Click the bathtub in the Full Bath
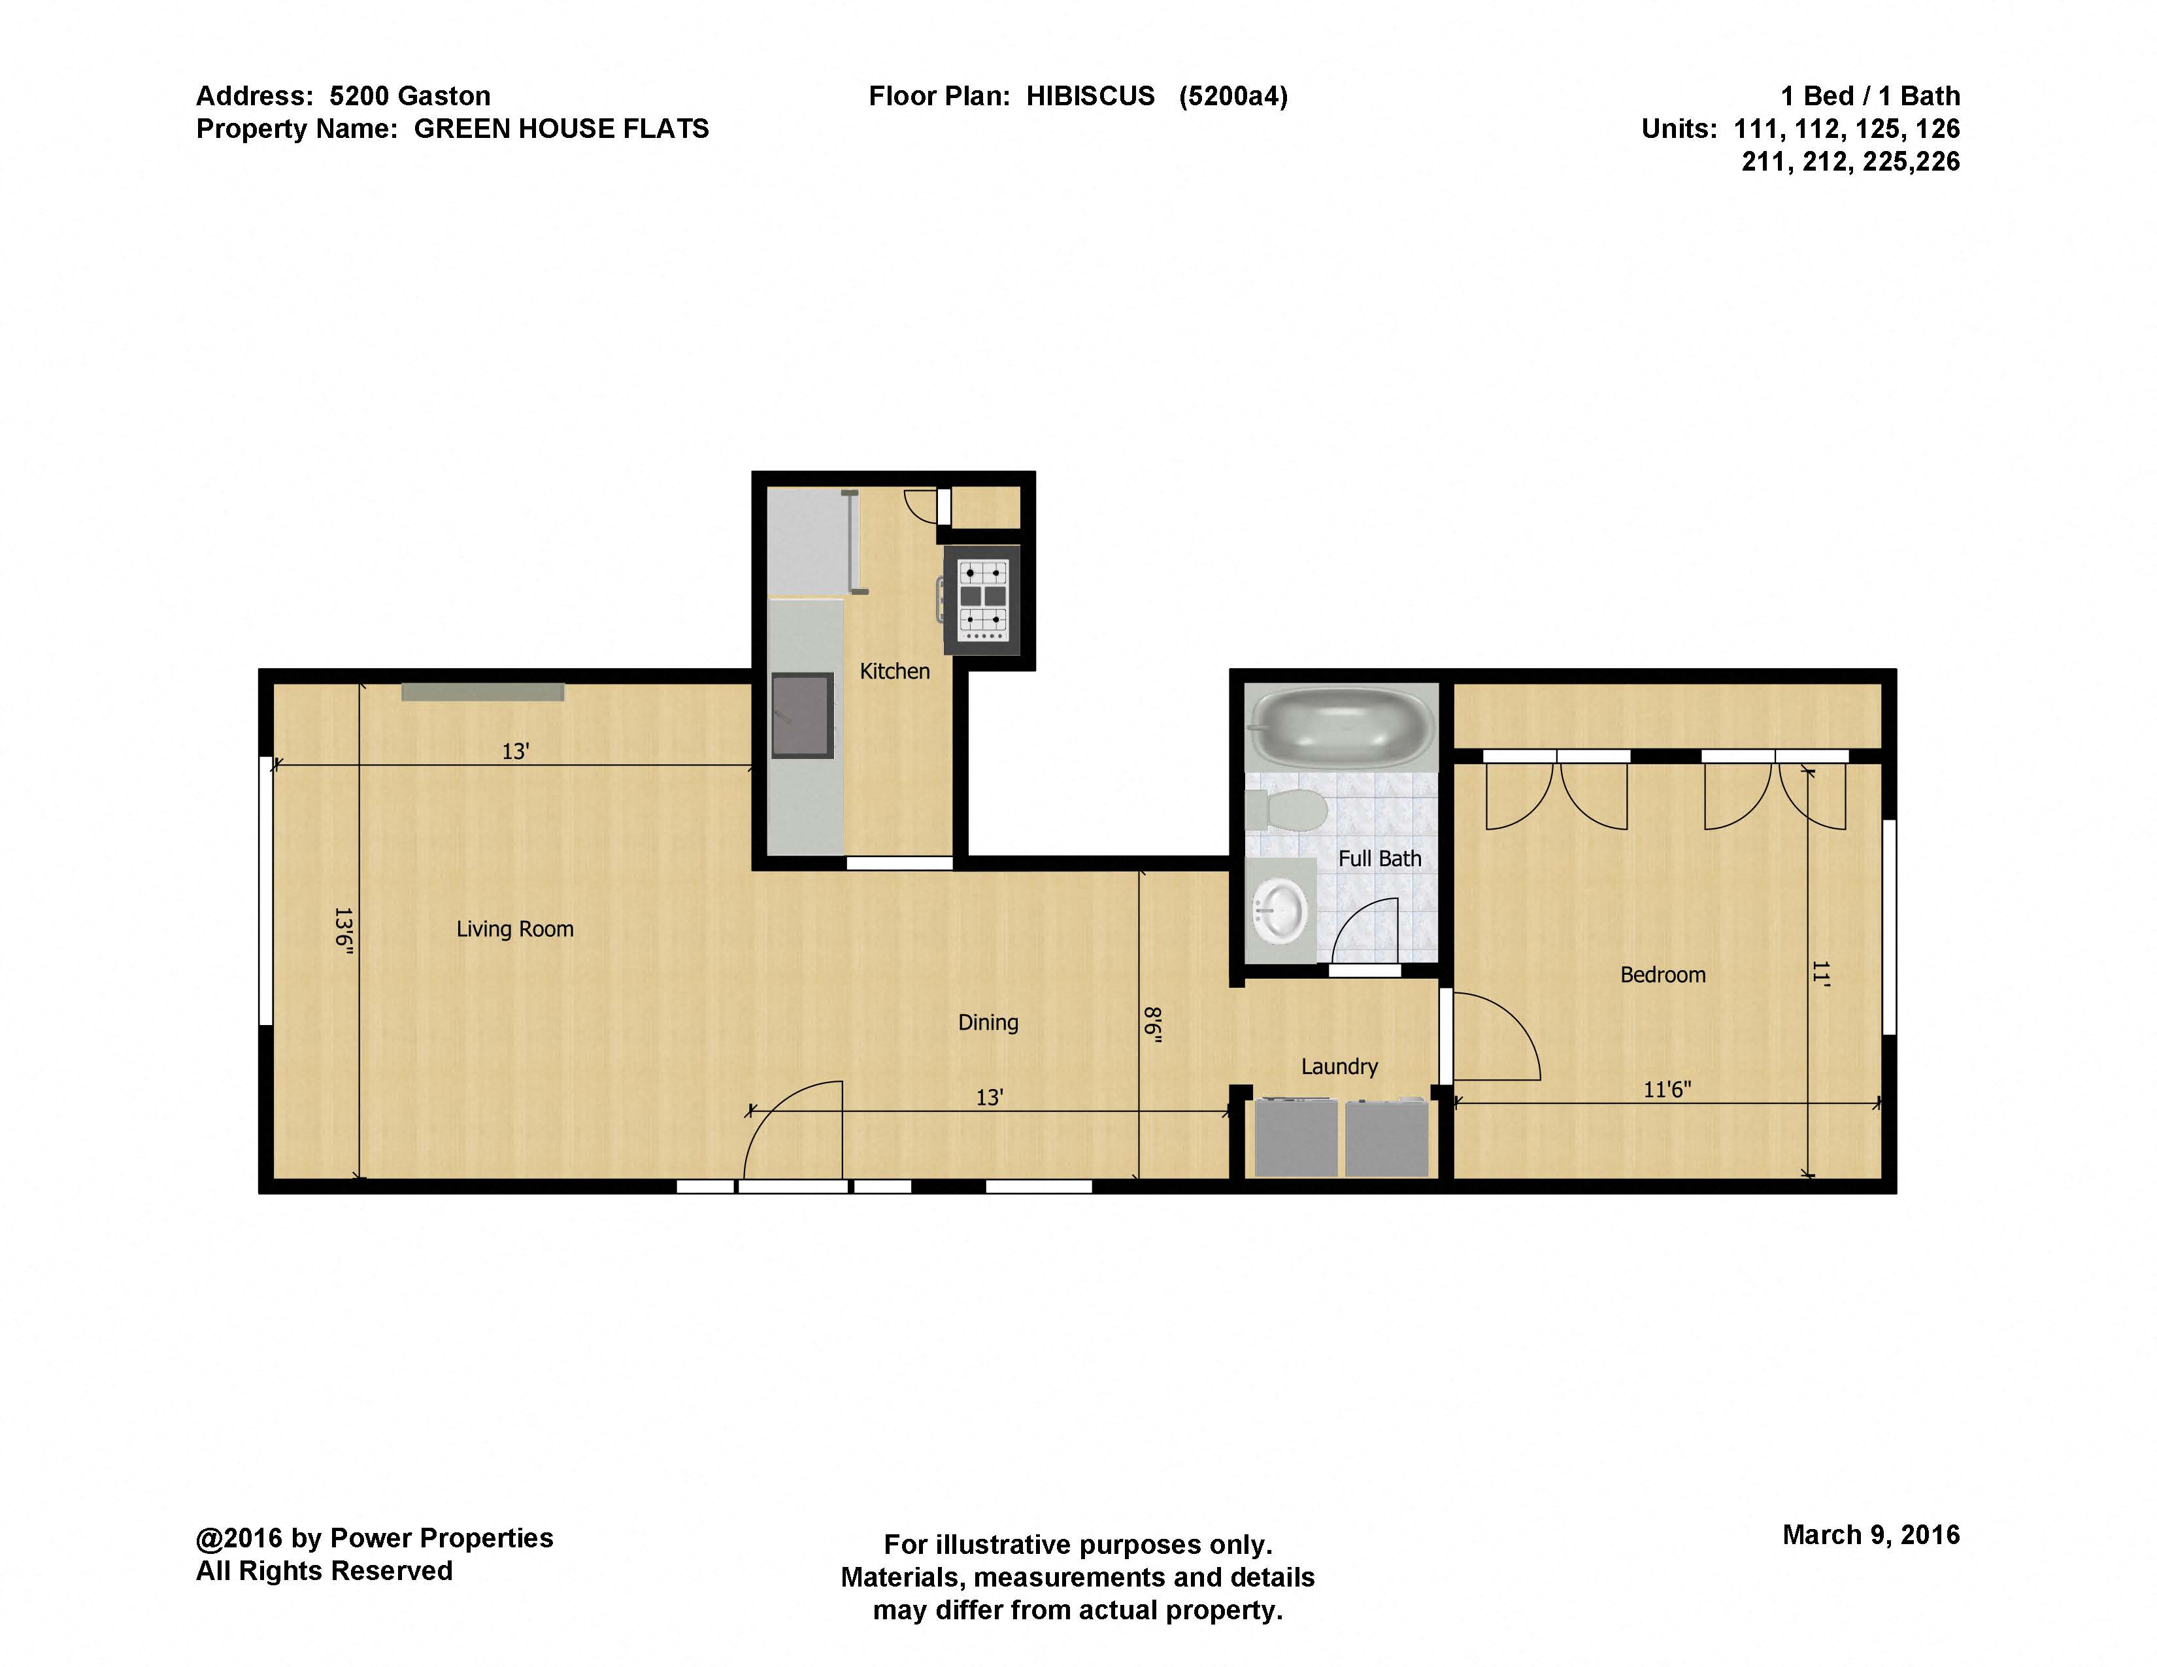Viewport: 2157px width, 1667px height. point(1342,727)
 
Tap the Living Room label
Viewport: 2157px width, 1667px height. point(514,930)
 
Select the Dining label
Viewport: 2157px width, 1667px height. point(988,1022)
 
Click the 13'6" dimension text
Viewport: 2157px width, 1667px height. point(343,928)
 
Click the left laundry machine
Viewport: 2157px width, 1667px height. point(1295,1137)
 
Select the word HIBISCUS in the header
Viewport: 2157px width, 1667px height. point(1090,96)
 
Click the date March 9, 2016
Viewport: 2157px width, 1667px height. point(1871,1535)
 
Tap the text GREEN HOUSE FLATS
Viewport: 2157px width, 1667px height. point(560,129)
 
